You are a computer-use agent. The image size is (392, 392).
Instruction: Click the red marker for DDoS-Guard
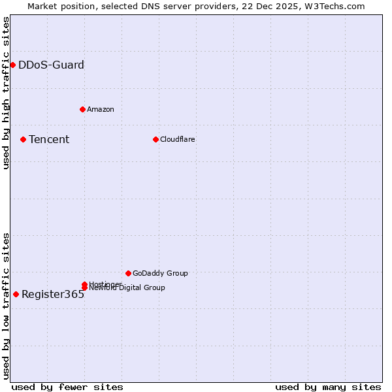[12, 65]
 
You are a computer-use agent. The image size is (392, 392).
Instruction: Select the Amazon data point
[82, 109]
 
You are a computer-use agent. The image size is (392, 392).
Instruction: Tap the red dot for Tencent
[23, 139]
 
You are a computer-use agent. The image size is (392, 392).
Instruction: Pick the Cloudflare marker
[155, 139]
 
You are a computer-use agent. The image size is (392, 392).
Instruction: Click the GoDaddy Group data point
[128, 273]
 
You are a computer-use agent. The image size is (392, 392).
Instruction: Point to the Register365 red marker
[16, 294]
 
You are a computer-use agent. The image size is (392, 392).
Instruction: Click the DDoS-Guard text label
[51, 65]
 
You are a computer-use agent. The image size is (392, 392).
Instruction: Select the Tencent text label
[49, 139]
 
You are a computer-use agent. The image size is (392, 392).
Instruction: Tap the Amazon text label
[100, 109]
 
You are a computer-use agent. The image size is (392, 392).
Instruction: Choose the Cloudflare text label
[177, 139]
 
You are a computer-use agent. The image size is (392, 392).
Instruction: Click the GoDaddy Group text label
[160, 273]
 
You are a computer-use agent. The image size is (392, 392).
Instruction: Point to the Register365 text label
[53, 294]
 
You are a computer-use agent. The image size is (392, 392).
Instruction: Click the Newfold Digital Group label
[127, 288]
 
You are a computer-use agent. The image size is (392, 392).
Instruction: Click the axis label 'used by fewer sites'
[67, 387]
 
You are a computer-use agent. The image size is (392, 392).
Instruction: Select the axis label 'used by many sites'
[328, 387]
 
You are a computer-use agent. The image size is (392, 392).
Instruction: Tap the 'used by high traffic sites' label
[6, 93]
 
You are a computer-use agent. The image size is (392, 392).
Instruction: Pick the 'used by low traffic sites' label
[6, 305]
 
